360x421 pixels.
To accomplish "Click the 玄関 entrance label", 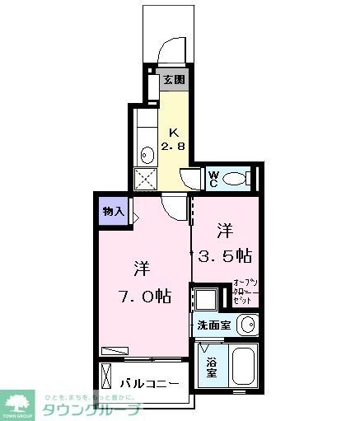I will click(173, 80).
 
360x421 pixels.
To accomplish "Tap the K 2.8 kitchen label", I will click(173, 139).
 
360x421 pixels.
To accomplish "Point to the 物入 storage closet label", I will click(113, 212).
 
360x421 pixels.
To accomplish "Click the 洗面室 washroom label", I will click(213, 325).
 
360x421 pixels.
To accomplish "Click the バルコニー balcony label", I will click(149, 384).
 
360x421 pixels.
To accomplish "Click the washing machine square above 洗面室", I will click(205, 298).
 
